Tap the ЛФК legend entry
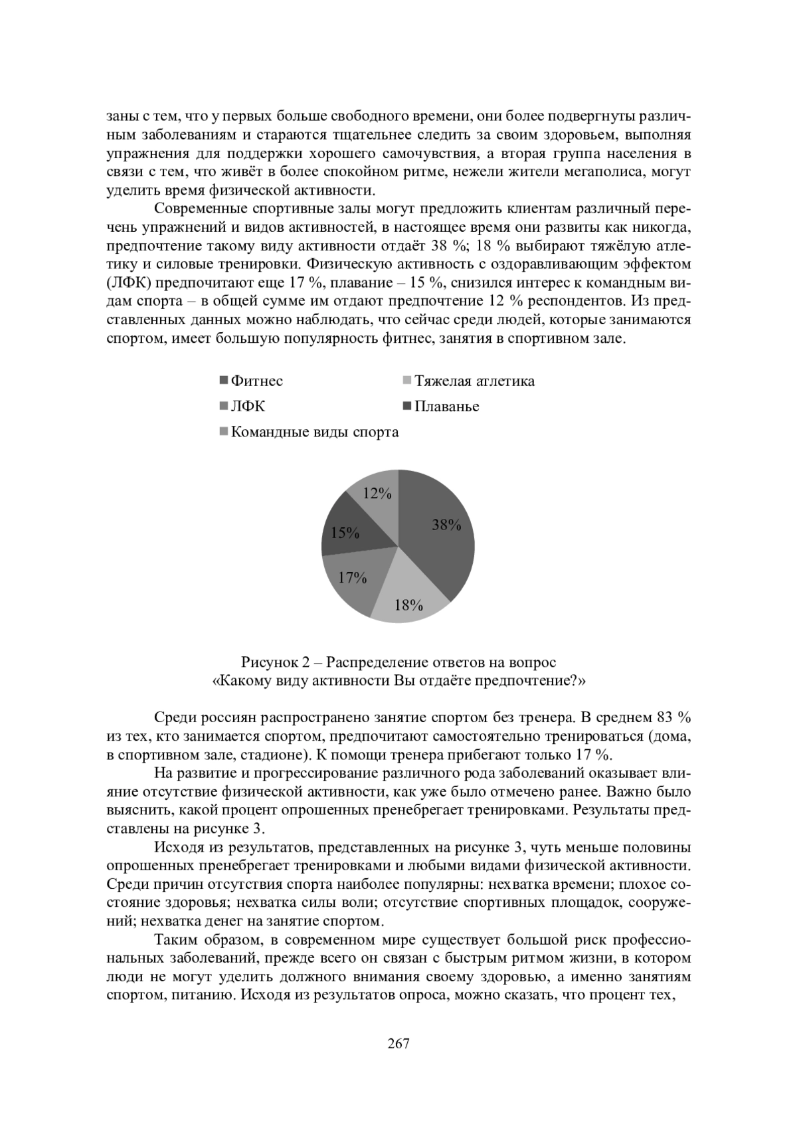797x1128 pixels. (x=247, y=407)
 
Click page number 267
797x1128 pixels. (x=398, y=1044)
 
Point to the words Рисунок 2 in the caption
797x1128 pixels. (x=274, y=662)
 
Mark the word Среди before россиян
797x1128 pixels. (x=173, y=718)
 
